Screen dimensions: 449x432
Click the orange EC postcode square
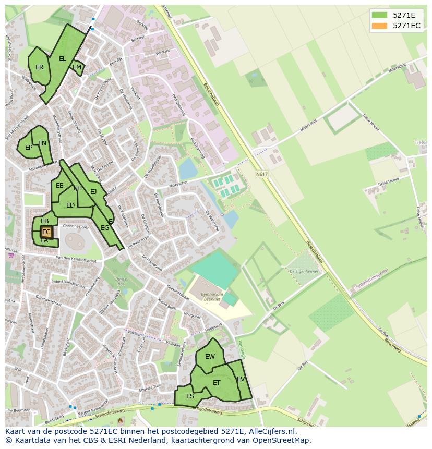46,232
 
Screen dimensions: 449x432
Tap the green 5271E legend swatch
379,15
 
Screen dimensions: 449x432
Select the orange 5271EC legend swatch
379,26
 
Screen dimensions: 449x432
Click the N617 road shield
261,174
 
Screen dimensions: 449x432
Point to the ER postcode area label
40,67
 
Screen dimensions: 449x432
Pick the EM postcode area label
77,67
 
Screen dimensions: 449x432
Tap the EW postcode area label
210,357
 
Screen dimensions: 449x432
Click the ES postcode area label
190,396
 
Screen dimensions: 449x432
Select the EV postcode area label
241,379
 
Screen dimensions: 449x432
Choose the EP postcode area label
29,148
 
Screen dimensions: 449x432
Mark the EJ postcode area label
93,192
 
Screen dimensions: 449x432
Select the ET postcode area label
217,383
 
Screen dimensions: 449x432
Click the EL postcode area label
63,59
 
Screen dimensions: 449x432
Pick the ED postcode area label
70,205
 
